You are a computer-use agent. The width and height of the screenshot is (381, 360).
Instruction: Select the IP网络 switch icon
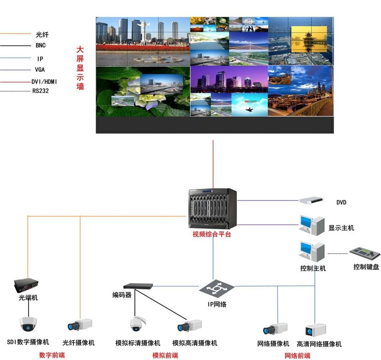[x=217, y=288]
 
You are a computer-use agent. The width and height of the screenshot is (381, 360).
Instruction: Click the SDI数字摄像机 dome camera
[x=28, y=325]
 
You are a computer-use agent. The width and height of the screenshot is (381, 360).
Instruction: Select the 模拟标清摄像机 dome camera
[x=137, y=325]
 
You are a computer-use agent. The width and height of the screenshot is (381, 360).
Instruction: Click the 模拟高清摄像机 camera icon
[x=190, y=327]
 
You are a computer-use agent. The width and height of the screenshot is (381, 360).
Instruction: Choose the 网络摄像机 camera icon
[x=275, y=329]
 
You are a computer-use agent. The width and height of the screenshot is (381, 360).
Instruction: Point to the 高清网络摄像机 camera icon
[x=315, y=329]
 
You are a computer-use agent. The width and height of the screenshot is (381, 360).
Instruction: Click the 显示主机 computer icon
[x=312, y=225]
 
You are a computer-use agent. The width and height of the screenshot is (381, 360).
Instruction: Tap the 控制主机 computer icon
[x=312, y=251]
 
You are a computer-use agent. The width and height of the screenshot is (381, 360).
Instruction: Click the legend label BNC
[x=40, y=45]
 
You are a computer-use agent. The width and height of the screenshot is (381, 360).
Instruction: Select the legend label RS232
[x=40, y=91]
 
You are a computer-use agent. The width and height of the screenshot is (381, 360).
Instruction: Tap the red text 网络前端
[x=297, y=355]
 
